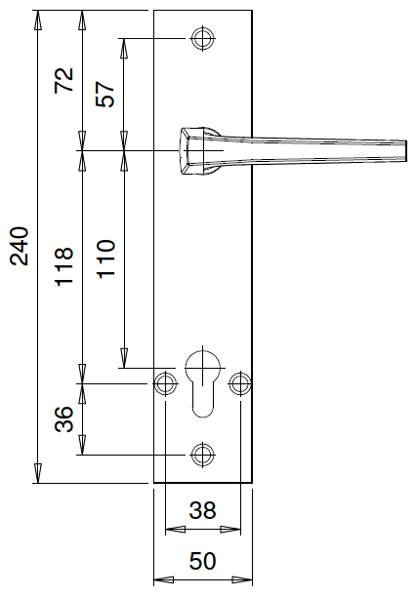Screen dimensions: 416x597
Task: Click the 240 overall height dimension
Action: click(x=20, y=247)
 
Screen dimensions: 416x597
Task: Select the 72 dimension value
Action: click(x=64, y=80)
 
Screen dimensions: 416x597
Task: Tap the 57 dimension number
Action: click(x=105, y=94)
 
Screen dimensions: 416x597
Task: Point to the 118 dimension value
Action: click(x=64, y=266)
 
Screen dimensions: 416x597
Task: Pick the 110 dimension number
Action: click(x=105, y=259)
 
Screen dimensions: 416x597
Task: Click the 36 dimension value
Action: click(x=63, y=419)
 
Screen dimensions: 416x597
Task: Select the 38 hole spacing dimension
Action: click(x=202, y=510)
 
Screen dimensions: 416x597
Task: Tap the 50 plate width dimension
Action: click(x=202, y=561)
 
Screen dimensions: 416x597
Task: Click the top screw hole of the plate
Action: click(x=202, y=38)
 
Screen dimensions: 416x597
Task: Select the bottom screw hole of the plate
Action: click(x=202, y=455)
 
